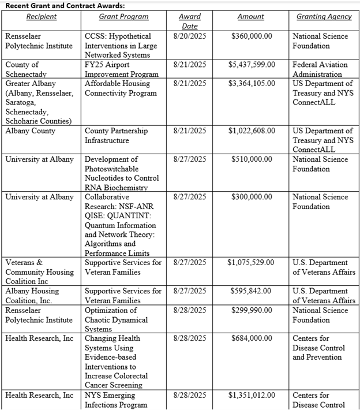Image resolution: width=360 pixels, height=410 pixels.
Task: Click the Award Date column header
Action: pos(189,21)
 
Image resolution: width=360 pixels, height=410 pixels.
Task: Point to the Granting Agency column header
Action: pos(324,17)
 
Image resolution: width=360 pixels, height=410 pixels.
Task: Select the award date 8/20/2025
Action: pos(189,36)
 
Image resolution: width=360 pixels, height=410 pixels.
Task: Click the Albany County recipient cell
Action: pos(31,131)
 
